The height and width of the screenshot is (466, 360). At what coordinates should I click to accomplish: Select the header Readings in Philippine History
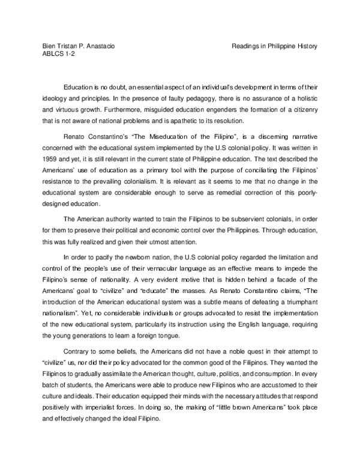[274, 46]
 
